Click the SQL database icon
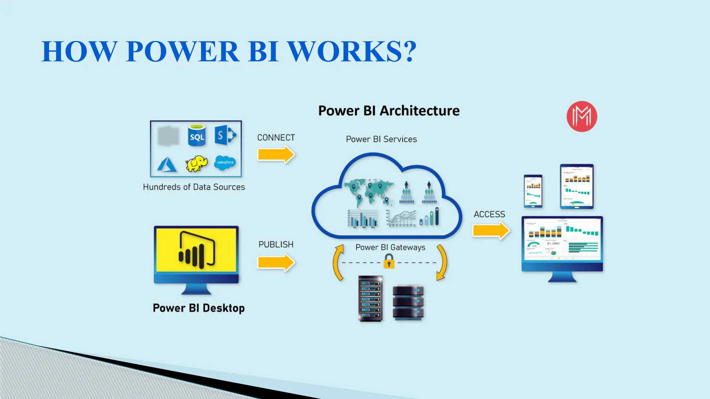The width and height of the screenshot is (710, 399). point(197,135)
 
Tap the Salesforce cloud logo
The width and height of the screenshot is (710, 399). point(225,162)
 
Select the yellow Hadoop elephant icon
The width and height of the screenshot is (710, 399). point(197,163)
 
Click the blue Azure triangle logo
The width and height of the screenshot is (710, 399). point(167,165)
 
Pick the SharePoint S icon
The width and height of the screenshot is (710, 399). point(225,135)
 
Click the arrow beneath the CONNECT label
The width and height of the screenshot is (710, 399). point(276,154)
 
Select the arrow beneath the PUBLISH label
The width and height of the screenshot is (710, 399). point(276,262)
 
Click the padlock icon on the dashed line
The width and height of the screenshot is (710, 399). point(389,261)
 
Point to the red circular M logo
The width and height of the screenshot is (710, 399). point(582,116)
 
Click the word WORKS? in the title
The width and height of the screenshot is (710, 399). point(352,51)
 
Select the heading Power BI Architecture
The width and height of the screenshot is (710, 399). point(389,111)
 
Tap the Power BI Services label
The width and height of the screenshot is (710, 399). point(381,139)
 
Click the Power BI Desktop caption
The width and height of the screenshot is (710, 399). point(199,308)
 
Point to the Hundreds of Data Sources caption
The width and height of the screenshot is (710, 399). point(194,187)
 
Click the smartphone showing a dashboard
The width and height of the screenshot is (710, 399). point(533,191)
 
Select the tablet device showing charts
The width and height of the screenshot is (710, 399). point(577,186)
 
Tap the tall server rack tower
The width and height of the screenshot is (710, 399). point(371,299)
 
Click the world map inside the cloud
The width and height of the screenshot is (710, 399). point(368,192)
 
